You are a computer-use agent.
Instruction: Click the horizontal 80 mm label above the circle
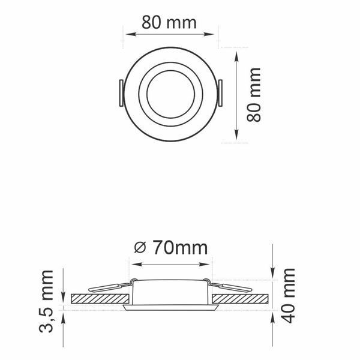click(x=169, y=23)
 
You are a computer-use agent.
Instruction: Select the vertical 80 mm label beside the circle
click(x=254, y=94)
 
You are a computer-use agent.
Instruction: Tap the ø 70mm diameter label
click(x=171, y=247)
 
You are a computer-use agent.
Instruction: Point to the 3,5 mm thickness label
click(x=46, y=301)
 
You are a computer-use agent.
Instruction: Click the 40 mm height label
click(x=288, y=295)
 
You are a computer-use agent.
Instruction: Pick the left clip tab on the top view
click(x=121, y=93)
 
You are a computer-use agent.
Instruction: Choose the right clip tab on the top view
click(x=220, y=93)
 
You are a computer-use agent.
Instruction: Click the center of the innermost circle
click(x=170, y=94)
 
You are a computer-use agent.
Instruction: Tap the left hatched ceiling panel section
click(x=100, y=299)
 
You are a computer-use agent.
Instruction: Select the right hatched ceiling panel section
click(x=240, y=299)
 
